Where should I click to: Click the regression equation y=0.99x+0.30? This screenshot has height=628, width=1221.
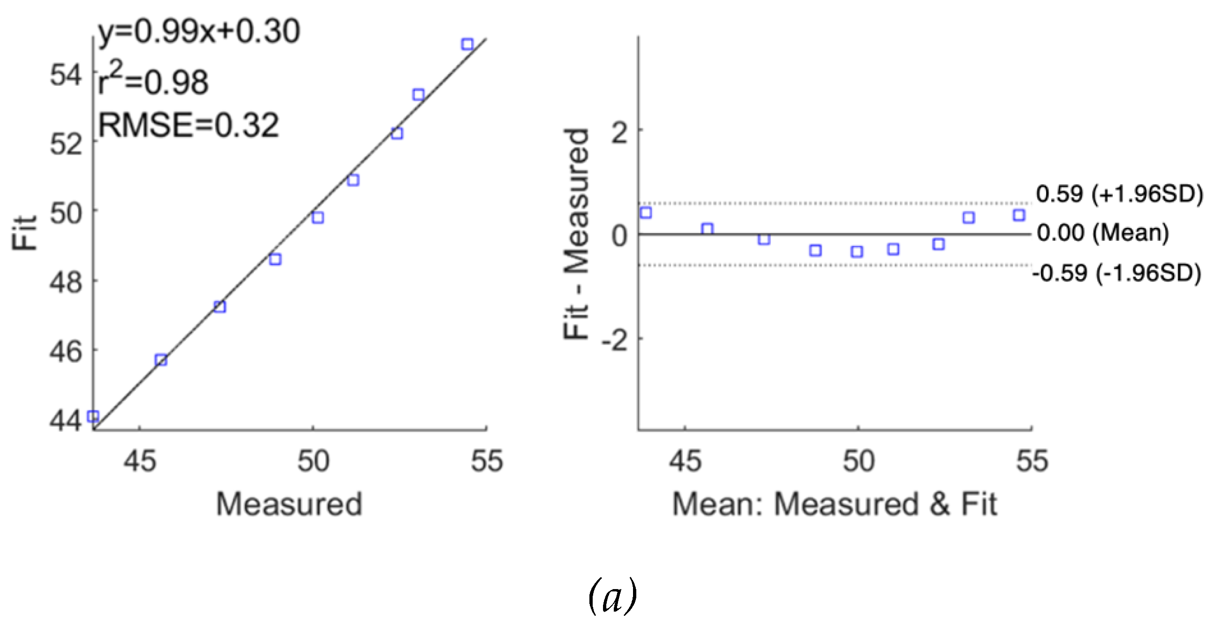199,32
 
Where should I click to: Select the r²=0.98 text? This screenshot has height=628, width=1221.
153,82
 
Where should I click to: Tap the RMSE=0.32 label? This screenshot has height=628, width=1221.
188,126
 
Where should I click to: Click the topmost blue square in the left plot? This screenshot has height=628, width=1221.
467,45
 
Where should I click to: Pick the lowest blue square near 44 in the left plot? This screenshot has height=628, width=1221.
93,416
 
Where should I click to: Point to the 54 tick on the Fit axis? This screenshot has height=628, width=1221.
67,75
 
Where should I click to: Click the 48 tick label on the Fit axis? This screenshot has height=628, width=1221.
67,283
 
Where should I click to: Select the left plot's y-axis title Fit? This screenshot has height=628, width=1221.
25,233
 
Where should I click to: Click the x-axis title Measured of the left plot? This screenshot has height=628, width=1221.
289,504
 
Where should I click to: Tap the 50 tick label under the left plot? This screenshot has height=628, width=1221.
313,461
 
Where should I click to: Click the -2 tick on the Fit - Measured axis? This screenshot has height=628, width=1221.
615,340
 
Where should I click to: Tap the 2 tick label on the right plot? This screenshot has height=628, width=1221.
620,134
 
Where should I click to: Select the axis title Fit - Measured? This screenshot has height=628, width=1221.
577,234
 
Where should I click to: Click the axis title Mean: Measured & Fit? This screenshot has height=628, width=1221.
835,504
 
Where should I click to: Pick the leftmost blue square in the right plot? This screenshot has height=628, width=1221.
646,213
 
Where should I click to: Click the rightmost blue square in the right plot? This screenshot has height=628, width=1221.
1019,215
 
